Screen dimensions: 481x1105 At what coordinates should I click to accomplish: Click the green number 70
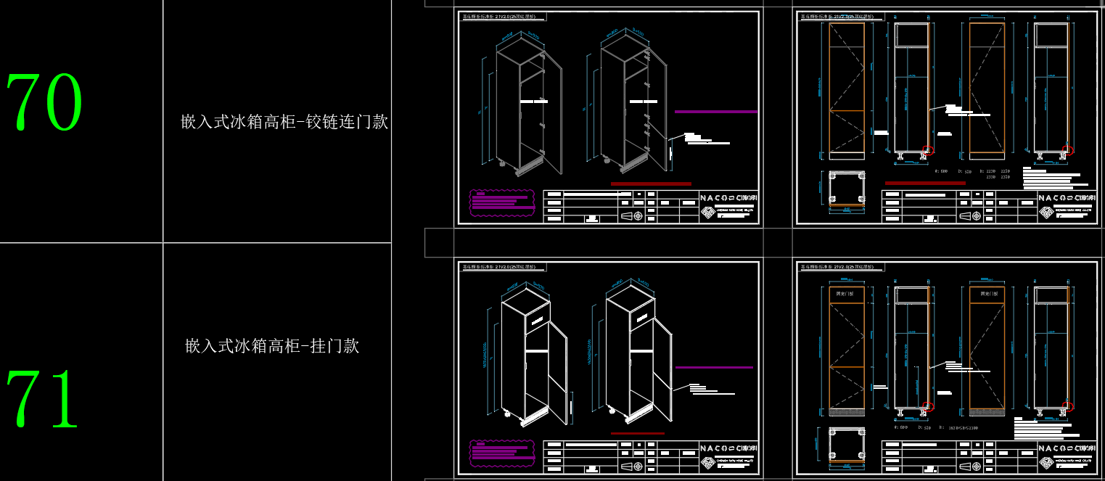[45, 102]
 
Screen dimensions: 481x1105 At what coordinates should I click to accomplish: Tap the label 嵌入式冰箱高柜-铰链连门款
[284, 122]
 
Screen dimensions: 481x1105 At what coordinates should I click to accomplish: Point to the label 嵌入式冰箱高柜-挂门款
[273, 345]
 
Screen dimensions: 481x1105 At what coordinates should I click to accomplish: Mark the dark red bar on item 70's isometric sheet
[650, 184]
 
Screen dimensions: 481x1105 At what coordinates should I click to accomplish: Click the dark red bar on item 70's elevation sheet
[925, 183]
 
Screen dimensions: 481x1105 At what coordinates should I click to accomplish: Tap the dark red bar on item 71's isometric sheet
[637, 433]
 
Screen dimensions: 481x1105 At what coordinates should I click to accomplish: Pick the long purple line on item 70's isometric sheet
[715, 112]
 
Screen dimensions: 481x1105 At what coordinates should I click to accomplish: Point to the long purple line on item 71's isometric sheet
[714, 368]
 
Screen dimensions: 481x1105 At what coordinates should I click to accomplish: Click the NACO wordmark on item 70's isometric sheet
[729, 197]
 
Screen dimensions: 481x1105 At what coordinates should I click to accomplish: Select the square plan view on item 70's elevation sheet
[845, 188]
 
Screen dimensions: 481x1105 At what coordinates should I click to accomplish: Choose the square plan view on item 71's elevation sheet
[845, 443]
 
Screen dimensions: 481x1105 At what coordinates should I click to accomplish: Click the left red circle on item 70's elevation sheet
[927, 151]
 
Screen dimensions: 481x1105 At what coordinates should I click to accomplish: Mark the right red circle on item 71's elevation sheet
[1067, 406]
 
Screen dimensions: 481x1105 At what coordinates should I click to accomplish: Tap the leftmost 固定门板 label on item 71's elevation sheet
[845, 295]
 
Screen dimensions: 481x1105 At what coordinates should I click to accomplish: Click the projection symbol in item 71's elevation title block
[969, 464]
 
